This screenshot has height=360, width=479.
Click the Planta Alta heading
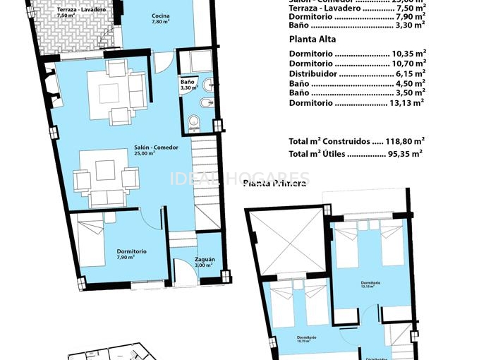tap(313, 40)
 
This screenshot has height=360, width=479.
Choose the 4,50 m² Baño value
tap(411, 83)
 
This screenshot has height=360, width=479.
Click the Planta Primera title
tap(274, 184)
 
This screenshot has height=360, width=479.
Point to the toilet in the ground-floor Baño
tap(194, 126)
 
